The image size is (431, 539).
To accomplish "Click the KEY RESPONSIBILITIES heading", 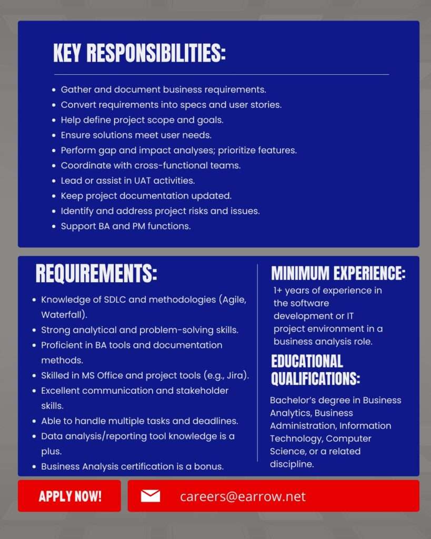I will (139, 53).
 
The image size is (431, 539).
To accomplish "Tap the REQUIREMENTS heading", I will (96, 274).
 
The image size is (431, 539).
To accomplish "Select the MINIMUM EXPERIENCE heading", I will (338, 273).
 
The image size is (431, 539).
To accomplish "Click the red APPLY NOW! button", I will (70, 496).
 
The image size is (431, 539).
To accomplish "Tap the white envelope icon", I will (151, 496).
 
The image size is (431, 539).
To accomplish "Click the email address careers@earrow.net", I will (243, 496).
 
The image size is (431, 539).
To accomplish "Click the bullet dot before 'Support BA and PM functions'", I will (54, 227).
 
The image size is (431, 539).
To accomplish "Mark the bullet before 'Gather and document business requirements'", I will (54, 90).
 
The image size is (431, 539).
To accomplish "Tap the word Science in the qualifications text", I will (287, 451).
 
